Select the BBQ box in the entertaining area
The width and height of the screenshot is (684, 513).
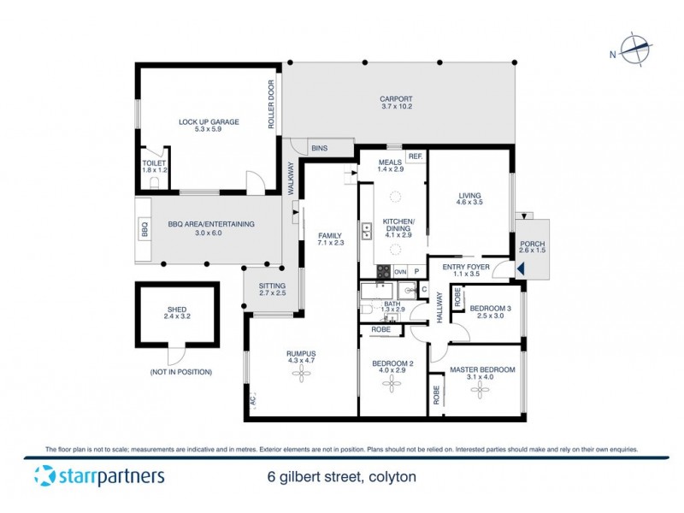coord(143,229)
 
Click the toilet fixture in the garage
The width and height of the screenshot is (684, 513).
coord(154,182)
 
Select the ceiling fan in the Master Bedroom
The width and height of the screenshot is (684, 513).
coord(482,390)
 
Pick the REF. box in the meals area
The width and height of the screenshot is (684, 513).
coord(416,156)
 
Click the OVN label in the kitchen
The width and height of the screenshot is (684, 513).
coord(399,272)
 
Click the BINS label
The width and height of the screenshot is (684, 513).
coord(319,148)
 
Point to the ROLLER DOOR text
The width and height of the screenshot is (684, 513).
coord(271,104)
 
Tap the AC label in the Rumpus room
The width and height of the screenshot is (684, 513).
coord(253,399)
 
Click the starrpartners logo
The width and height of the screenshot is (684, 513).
coord(99,476)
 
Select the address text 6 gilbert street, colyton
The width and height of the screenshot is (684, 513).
coord(339,477)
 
